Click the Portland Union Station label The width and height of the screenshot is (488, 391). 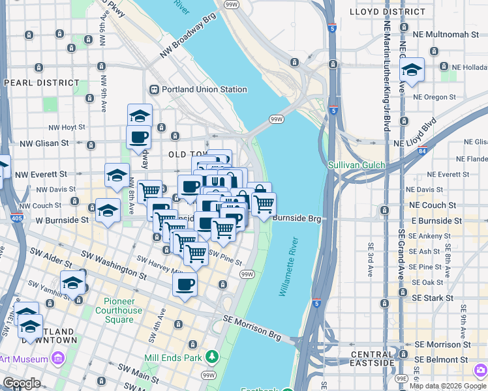pyautogui.click(x=205, y=90)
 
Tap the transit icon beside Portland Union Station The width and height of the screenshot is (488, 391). pyautogui.click(x=155, y=90)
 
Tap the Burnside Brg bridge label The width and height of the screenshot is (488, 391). pyautogui.click(x=297, y=219)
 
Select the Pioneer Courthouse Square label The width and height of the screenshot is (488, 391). pyautogui.click(x=123, y=310)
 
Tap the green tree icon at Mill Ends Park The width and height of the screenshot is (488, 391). pyautogui.click(x=211, y=356)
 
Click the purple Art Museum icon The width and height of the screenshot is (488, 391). pyautogui.click(x=57, y=358)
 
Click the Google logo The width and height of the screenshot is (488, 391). pyautogui.click(x=22, y=383)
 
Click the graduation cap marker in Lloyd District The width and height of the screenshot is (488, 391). pyautogui.click(x=412, y=69)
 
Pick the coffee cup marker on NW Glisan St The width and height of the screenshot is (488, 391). pyautogui.click(x=138, y=138)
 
